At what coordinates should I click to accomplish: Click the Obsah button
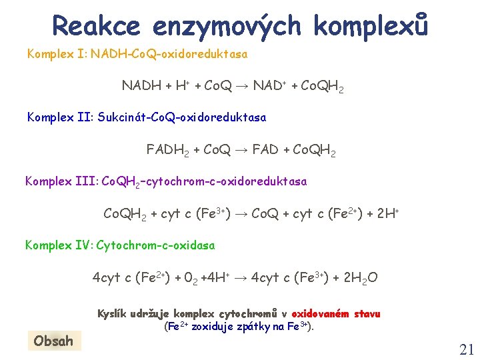pos(53,341)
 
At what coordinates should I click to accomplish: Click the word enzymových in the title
pos(227,26)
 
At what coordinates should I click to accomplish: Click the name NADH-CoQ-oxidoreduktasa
pos(169,53)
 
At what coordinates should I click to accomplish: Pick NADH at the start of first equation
pos(141,86)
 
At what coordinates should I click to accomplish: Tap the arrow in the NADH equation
pos(241,86)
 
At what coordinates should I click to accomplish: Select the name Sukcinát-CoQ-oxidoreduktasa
pos(181,117)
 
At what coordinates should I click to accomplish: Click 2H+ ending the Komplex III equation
pos(387,214)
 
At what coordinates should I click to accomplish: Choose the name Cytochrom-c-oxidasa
pos(156,245)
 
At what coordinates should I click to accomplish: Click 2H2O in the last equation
pos(360,277)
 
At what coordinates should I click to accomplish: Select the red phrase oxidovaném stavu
pos(336,313)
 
